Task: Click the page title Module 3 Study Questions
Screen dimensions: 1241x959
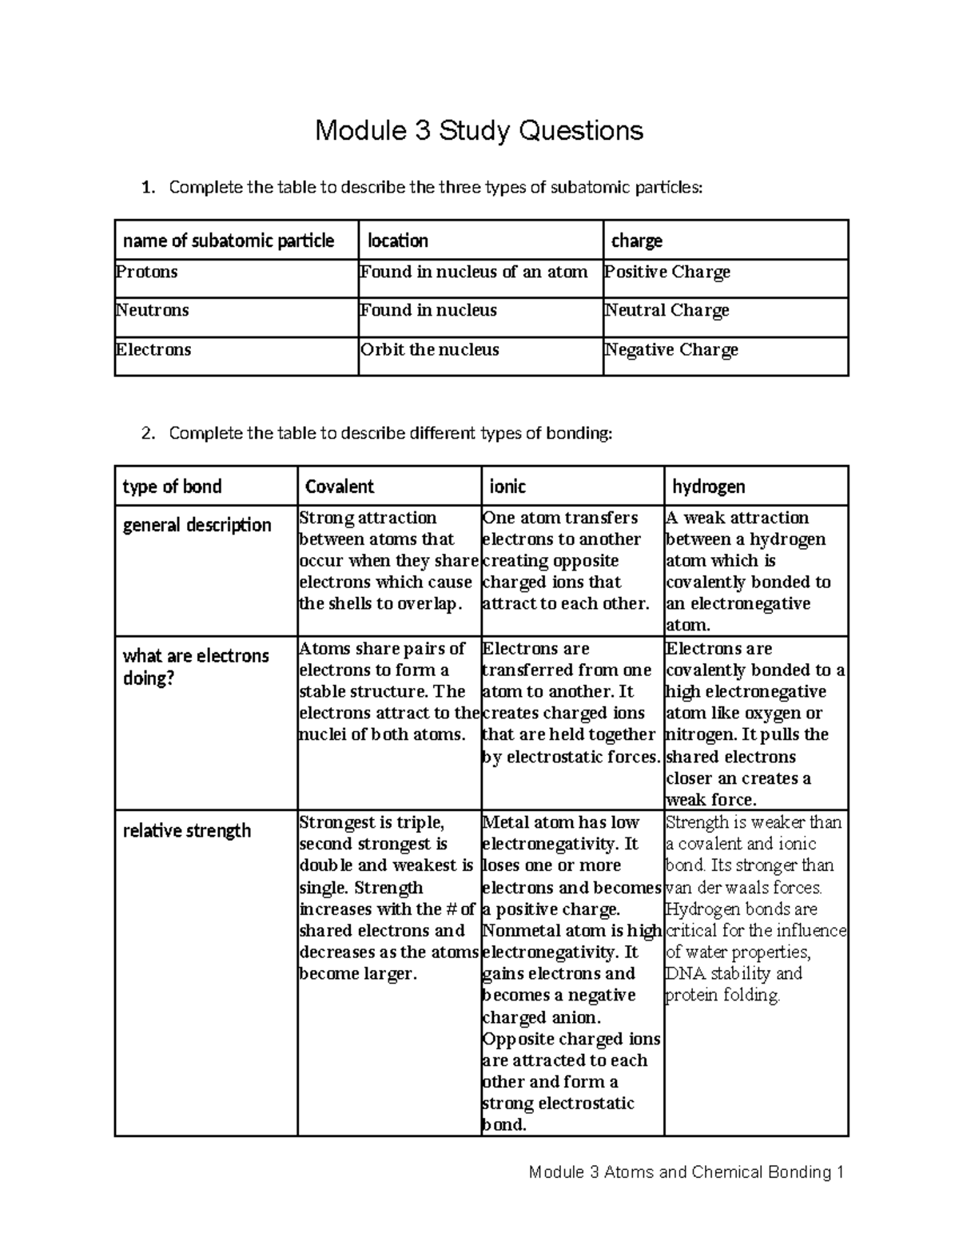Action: pos(479,129)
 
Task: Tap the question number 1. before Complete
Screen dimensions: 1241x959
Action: pos(146,188)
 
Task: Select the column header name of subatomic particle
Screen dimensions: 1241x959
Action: pos(228,241)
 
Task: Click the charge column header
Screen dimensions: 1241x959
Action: pos(637,241)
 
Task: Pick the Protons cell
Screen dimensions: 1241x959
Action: pos(147,272)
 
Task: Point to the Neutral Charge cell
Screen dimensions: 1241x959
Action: pos(667,310)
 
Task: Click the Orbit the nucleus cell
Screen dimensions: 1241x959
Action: pos(430,350)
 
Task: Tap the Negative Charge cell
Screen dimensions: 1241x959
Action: pos(671,350)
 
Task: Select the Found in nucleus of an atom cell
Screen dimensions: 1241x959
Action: pos(474,272)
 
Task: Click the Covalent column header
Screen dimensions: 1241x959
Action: pos(340,487)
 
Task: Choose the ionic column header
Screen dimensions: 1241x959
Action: pos(507,487)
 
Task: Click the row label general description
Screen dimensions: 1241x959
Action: pos(197,525)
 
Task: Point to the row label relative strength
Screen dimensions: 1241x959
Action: pos(186,831)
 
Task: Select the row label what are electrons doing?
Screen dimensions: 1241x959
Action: pos(196,667)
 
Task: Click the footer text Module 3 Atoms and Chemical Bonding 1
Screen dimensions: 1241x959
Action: pos(686,1172)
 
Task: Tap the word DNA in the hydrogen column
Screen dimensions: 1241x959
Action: pos(681,973)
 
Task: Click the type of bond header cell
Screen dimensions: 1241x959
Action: pos(172,487)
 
